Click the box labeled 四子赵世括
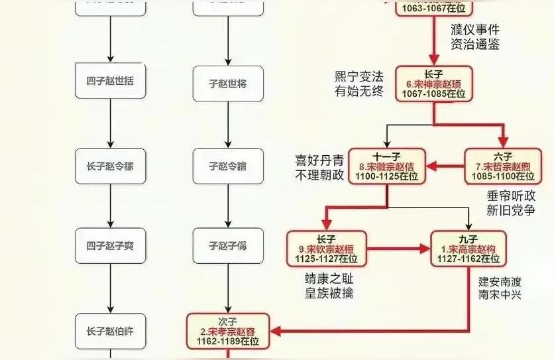coord(110,82)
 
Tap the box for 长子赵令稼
coord(110,166)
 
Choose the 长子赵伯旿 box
coord(110,330)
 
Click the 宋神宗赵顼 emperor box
coord(434,84)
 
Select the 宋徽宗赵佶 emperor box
coord(386,166)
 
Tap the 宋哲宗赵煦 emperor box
coord(502,166)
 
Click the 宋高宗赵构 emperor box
coord(469,248)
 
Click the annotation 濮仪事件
coord(474,30)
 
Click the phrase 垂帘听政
coord(510,196)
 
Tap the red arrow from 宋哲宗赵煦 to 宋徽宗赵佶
coord(444,166)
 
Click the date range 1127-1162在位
coord(469,259)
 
